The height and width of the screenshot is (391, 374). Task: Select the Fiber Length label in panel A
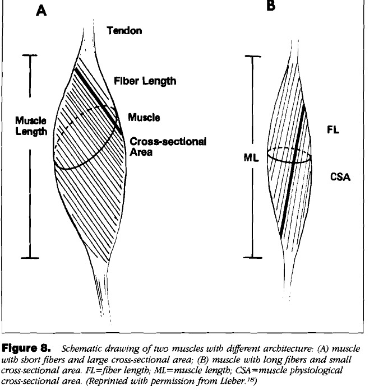click(145, 81)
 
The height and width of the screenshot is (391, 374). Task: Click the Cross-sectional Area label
click(168, 147)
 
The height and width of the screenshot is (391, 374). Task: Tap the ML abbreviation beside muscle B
click(251, 159)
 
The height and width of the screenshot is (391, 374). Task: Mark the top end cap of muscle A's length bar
click(29, 55)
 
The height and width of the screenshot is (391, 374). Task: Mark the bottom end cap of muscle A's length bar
click(29, 258)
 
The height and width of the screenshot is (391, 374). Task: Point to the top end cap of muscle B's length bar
click(254, 57)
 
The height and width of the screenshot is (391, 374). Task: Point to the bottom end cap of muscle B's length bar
click(254, 258)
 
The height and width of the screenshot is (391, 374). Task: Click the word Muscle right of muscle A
click(144, 118)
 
